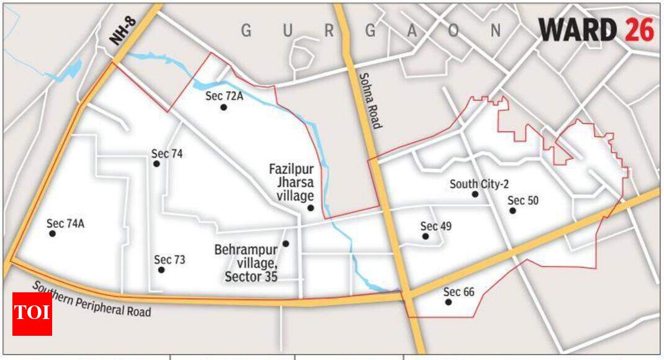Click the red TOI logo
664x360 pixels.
[x=32, y=313]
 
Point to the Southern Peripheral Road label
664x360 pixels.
[x=91, y=299]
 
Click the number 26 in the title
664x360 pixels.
[x=639, y=29]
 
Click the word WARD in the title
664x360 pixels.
[x=578, y=29]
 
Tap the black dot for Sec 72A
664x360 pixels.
[x=223, y=107]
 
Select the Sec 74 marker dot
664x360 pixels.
[x=156, y=164]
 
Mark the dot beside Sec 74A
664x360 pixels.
[x=53, y=234]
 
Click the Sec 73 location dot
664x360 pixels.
[x=161, y=270]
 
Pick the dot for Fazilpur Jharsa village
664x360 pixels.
[x=310, y=208]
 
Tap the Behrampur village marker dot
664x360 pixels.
[x=285, y=244]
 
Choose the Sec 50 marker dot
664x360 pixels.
[x=513, y=211]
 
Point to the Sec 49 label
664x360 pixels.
[x=436, y=226]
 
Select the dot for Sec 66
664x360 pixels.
[x=448, y=302]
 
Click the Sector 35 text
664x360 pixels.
[x=251, y=276]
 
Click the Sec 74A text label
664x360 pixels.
[x=65, y=223]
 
